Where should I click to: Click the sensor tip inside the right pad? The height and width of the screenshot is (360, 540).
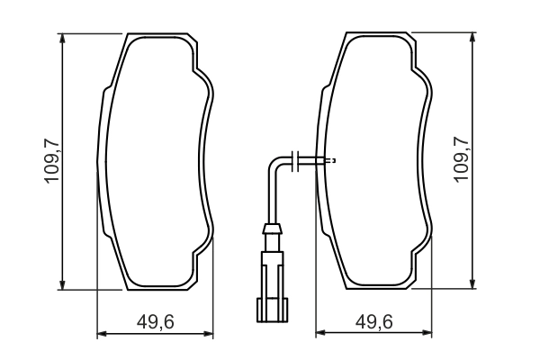pyautogui.click(x=329, y=161)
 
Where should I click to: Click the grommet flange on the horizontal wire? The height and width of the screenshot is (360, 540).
pyautogui.click(x=298, y=161)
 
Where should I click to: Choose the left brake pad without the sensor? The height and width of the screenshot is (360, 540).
pyautogui.click(x=155, y=162)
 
